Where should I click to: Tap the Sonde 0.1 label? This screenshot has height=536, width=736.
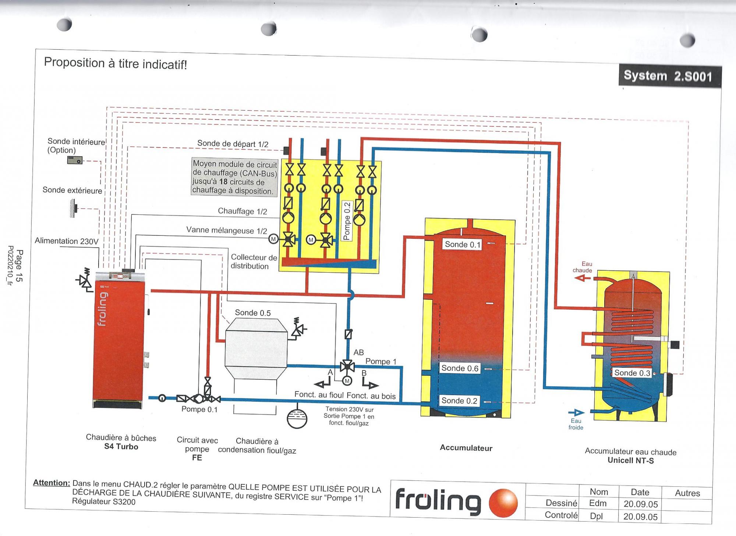click(x=462, y=244)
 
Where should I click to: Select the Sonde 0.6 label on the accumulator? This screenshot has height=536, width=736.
click(x=460, y=368)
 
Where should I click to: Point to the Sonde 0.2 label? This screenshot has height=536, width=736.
click(x=459, y=401)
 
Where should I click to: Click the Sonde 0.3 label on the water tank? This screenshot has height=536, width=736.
click(x=632, y=373)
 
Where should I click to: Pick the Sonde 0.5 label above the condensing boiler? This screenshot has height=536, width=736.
click(x=252, y=313)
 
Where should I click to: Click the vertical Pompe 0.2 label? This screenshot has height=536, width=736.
click(x=347, y=221)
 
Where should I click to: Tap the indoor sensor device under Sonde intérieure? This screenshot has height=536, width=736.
click(x=75, y=160)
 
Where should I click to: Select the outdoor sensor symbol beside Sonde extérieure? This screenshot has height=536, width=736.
click(x=74, y=208)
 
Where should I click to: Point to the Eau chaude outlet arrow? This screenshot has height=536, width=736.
click(x=582, y=278)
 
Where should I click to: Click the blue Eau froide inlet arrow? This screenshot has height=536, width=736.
click(x=576, y=413)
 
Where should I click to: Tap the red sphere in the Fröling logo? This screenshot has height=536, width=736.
click(x=503, y=503)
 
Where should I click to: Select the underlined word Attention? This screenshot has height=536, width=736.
click(x=51, y=483)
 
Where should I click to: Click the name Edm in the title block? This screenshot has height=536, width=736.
click(x=598, y=503)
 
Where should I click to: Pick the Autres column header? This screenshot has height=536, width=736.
click(x=687, y=493)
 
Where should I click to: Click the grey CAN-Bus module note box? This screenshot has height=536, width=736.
click(x=234, y=177)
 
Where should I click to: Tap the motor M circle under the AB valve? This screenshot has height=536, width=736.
click(x=347, y=381)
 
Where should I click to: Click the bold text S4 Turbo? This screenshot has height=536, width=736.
click(x=121, y=447)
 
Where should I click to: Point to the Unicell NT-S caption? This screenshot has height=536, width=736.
click(x=630, y=460)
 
